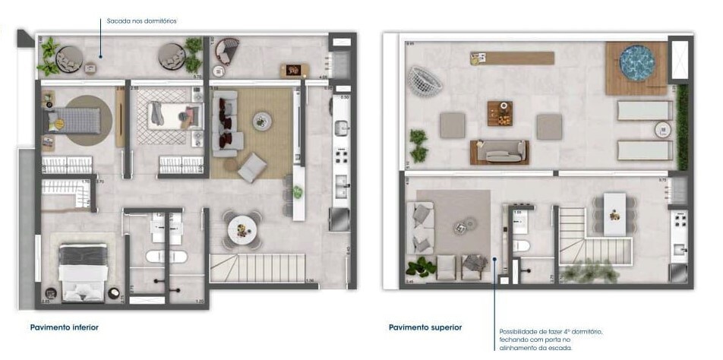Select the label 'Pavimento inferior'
(x=65, y=327)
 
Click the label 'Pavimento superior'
(x=425, y=327)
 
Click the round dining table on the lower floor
(x=242, y=226)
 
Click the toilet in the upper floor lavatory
(x=521, y=245)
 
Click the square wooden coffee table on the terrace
(x=500, y=112)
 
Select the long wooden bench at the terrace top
(x=512, y=58)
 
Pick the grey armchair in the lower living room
(x=252, y=167)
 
